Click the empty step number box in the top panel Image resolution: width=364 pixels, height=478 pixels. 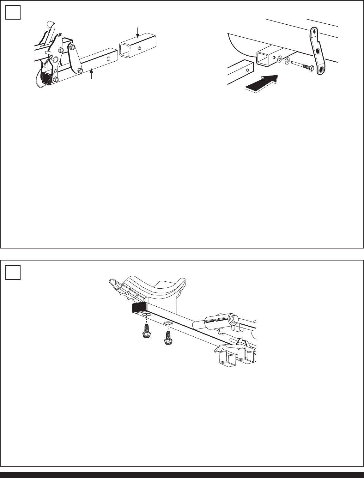coord(13,13)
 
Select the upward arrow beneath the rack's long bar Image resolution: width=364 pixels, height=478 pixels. coord(92,75)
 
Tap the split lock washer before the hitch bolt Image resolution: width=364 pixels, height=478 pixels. coord(288,61)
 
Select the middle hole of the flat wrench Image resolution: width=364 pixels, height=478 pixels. coord(317,51)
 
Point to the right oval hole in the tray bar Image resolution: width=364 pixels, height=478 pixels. coord(168,323)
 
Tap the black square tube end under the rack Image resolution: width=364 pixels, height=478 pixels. coord(46,77)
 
